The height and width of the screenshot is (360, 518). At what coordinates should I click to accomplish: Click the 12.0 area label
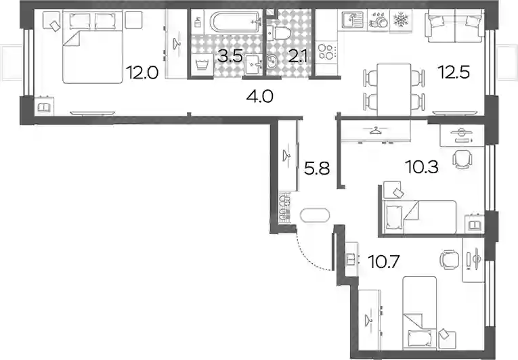coord(144,72)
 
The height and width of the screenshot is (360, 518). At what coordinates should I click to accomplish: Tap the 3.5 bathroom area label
coord(230,56)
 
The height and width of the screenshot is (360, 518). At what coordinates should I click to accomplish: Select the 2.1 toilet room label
coord(297,56)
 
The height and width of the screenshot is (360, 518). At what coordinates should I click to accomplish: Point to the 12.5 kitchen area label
coord(453,72)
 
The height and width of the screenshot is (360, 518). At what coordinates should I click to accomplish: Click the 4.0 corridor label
coord(259,97)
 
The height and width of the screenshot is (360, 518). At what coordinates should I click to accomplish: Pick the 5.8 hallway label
coord(317,168)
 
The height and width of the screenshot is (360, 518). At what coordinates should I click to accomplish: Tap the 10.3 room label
coord(423,167)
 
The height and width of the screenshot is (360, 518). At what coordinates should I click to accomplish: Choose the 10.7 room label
coord(384,262)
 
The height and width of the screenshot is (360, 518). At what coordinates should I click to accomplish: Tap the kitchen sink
coord(352,20)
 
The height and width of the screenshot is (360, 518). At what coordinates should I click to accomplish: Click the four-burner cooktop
coord(327,51)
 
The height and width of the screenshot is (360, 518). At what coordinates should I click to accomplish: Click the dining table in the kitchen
coord(394,89)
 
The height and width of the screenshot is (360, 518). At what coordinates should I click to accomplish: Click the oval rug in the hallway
coord(315,215)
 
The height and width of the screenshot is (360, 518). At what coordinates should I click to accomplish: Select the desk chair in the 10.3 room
coord(462,159)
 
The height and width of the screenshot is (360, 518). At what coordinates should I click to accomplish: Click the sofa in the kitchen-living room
coord(455,26)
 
